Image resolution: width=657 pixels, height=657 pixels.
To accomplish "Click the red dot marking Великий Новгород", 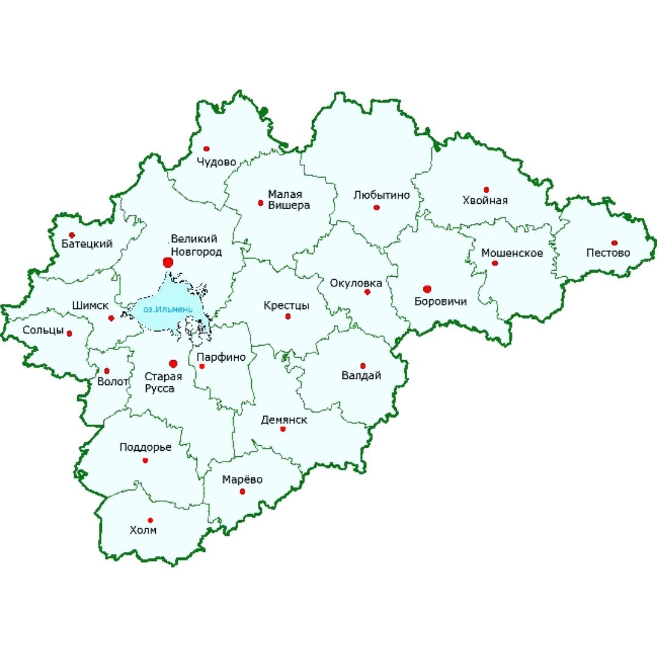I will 168,262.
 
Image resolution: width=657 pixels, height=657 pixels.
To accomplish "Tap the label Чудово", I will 215,162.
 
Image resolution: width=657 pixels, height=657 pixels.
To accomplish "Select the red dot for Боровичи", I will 427,288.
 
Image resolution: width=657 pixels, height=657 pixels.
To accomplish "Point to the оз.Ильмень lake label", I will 168,310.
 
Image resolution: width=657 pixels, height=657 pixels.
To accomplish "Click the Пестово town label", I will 608,252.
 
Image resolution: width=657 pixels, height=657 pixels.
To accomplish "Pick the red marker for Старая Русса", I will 173,363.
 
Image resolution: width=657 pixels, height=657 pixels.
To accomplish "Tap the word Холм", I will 143,530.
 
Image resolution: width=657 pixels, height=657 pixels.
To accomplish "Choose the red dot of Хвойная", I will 486,190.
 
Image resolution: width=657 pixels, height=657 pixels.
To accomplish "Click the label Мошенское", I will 512,252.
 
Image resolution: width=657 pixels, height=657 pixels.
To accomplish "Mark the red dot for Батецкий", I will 72,235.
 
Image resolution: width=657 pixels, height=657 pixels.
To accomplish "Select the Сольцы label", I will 43,330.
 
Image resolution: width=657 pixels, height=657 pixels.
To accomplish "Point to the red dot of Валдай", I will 363,366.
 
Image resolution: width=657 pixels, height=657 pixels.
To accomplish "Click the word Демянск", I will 283,420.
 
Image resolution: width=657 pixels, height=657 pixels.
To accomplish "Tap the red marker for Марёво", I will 242,491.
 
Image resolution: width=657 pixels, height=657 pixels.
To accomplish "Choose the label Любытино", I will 381,195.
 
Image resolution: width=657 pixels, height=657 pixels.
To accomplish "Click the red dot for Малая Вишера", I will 260,203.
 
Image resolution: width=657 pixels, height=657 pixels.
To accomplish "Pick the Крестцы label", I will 286,305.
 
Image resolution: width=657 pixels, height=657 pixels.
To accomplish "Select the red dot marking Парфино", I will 202,366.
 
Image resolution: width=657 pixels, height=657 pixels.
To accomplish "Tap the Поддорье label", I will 145,447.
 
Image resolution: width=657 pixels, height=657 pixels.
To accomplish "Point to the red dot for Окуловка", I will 367,292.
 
